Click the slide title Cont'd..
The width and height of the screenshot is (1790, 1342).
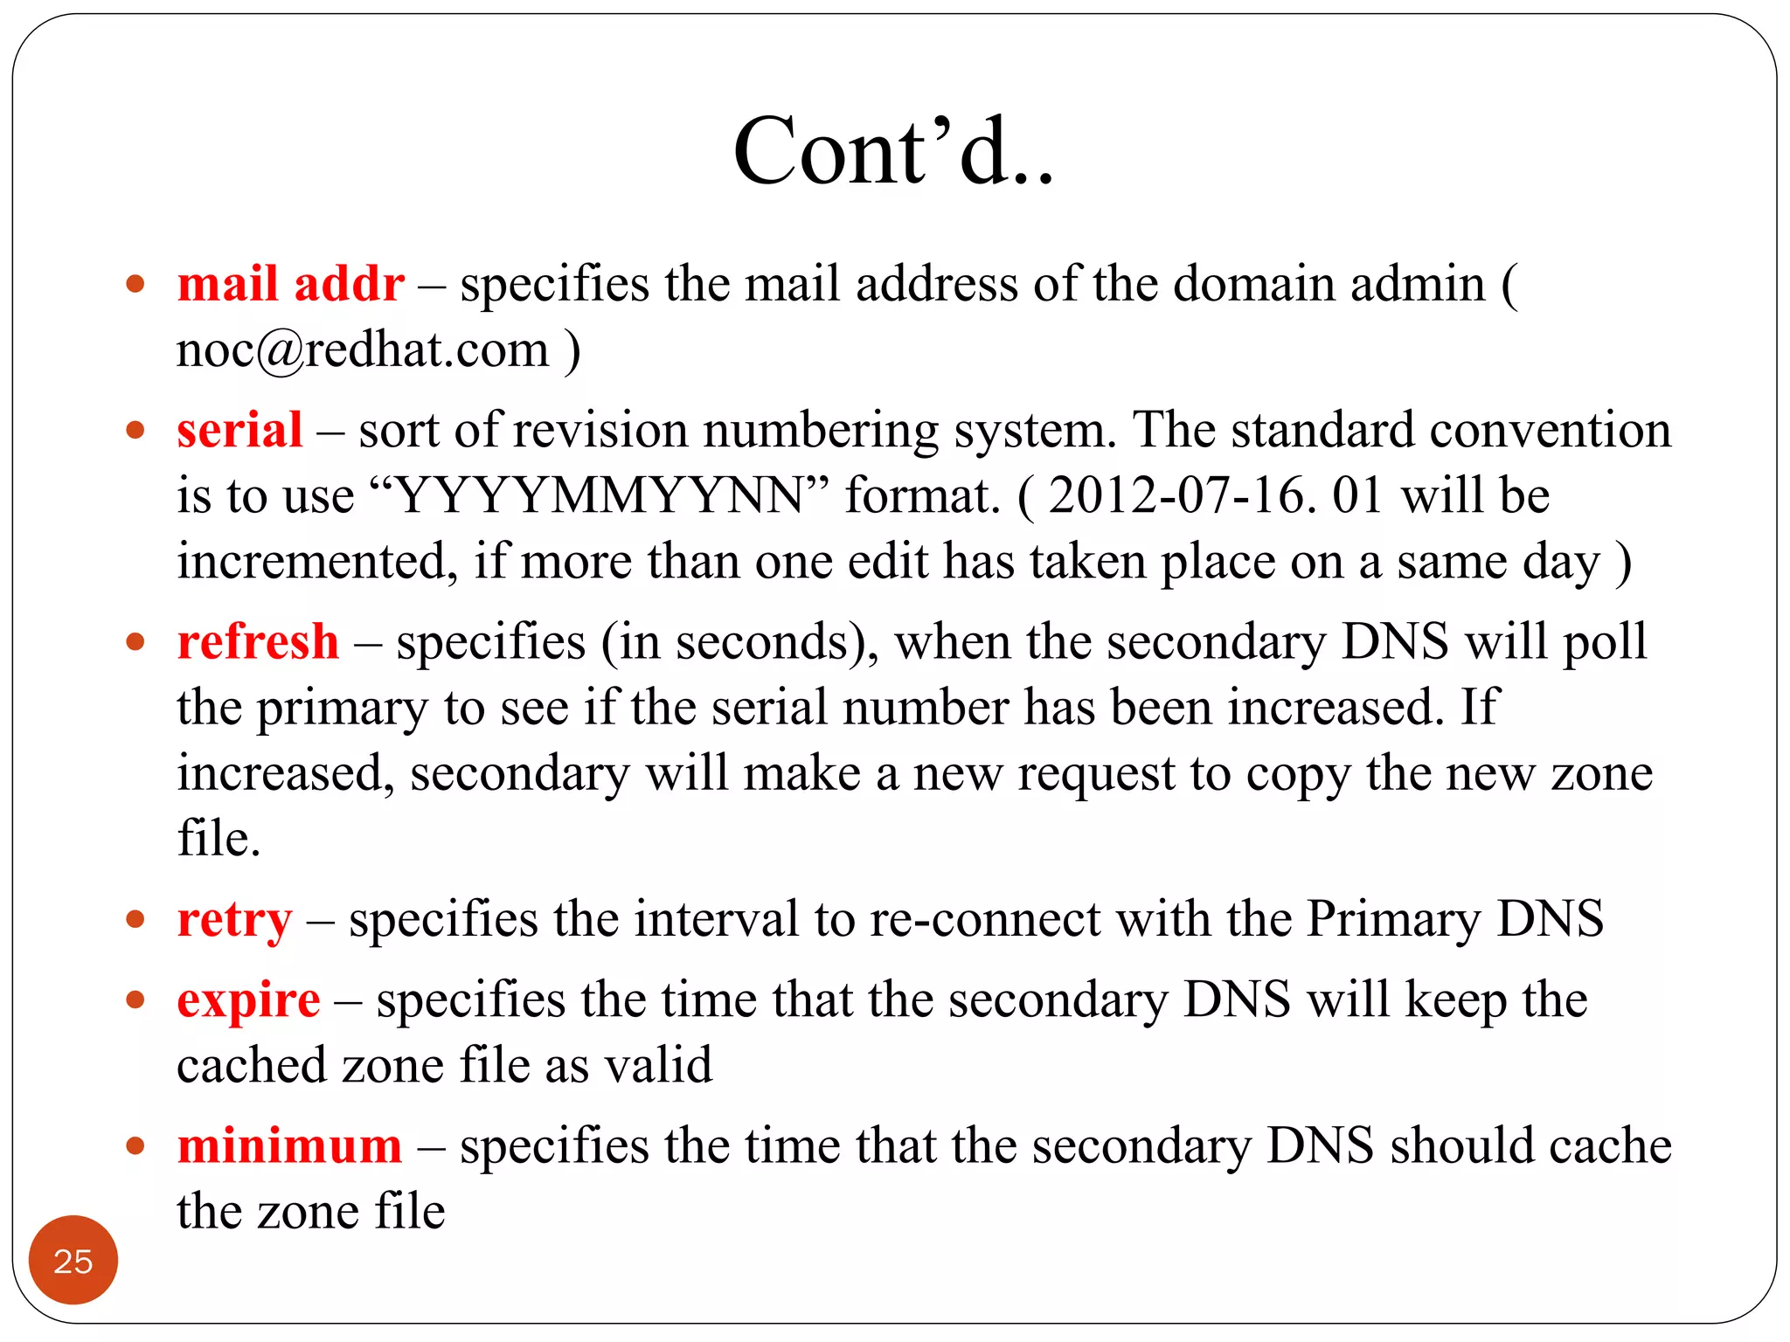(893, 152)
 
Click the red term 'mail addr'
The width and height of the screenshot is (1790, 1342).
(290, 284)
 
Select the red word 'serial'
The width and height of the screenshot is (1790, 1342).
(239, 430)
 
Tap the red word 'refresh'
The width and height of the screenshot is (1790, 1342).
(258, 642)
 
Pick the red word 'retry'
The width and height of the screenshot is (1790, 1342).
(234, 920)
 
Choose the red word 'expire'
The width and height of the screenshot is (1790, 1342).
(248, 1000)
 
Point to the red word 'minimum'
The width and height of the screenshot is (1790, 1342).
(289, 1146)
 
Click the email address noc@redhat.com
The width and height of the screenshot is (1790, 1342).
(363, 350)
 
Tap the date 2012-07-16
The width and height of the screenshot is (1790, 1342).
(1180, 495)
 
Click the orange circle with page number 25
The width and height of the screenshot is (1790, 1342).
(73, 1260)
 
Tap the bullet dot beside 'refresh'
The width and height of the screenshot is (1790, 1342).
(135, 643)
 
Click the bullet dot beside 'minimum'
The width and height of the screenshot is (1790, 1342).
(135, 1146)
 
